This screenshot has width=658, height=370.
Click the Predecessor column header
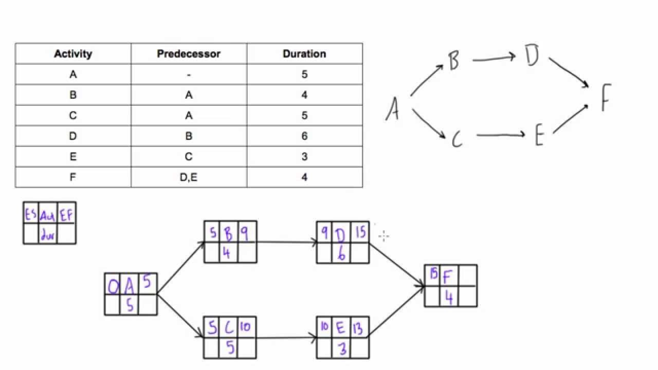point(189,54)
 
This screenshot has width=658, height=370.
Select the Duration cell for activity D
point(304,136)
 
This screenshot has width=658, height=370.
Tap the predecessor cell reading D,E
point(189,177)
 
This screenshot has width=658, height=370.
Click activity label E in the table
point(73,157)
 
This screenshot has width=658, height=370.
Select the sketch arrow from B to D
point(493,59)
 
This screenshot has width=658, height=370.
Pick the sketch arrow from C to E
point(500,135)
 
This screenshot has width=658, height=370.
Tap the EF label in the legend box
point(67,214)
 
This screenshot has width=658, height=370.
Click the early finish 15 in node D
point(360,233)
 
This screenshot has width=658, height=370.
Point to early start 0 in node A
point(113,286)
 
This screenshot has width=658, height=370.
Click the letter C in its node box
point(229,327)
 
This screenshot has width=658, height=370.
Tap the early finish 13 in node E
point(359,328)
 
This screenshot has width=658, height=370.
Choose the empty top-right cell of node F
point(467,275)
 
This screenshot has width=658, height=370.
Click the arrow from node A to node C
point(180,316)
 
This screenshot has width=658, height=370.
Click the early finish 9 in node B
point(245,233)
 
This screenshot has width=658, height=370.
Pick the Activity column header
point(73,54)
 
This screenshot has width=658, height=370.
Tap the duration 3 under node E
point(342,349)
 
